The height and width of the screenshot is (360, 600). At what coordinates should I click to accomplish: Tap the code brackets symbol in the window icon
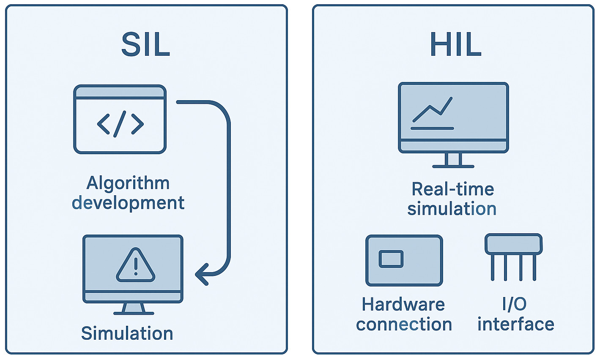pos(120,124)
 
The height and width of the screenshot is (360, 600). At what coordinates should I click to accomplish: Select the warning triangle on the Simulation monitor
pos(135,266)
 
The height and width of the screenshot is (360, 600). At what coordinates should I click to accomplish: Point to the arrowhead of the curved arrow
pos(201,275)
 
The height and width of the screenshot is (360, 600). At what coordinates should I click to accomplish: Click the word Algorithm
pos(128,183)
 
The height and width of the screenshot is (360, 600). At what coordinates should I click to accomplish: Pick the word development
pos(128,203)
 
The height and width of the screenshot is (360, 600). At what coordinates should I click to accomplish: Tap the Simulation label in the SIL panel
pos(127,333)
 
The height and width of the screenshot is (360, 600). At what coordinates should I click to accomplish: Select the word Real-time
pos(452,189)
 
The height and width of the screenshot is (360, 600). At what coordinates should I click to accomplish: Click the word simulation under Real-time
pos(452,209)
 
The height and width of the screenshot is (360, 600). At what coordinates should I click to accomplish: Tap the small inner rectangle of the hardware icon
pos(391,259)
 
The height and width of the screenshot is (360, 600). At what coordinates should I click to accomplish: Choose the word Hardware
pos(403,304)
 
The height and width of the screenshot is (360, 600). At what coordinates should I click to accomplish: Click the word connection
pos(404,325)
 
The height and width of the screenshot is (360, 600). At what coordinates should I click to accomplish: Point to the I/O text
pos(514,304)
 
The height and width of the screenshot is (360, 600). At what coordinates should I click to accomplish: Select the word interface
pos(515,325)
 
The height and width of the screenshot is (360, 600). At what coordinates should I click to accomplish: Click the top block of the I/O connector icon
pos(513,244)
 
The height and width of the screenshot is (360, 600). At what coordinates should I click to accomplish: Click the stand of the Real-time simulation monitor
pos(453,160)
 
